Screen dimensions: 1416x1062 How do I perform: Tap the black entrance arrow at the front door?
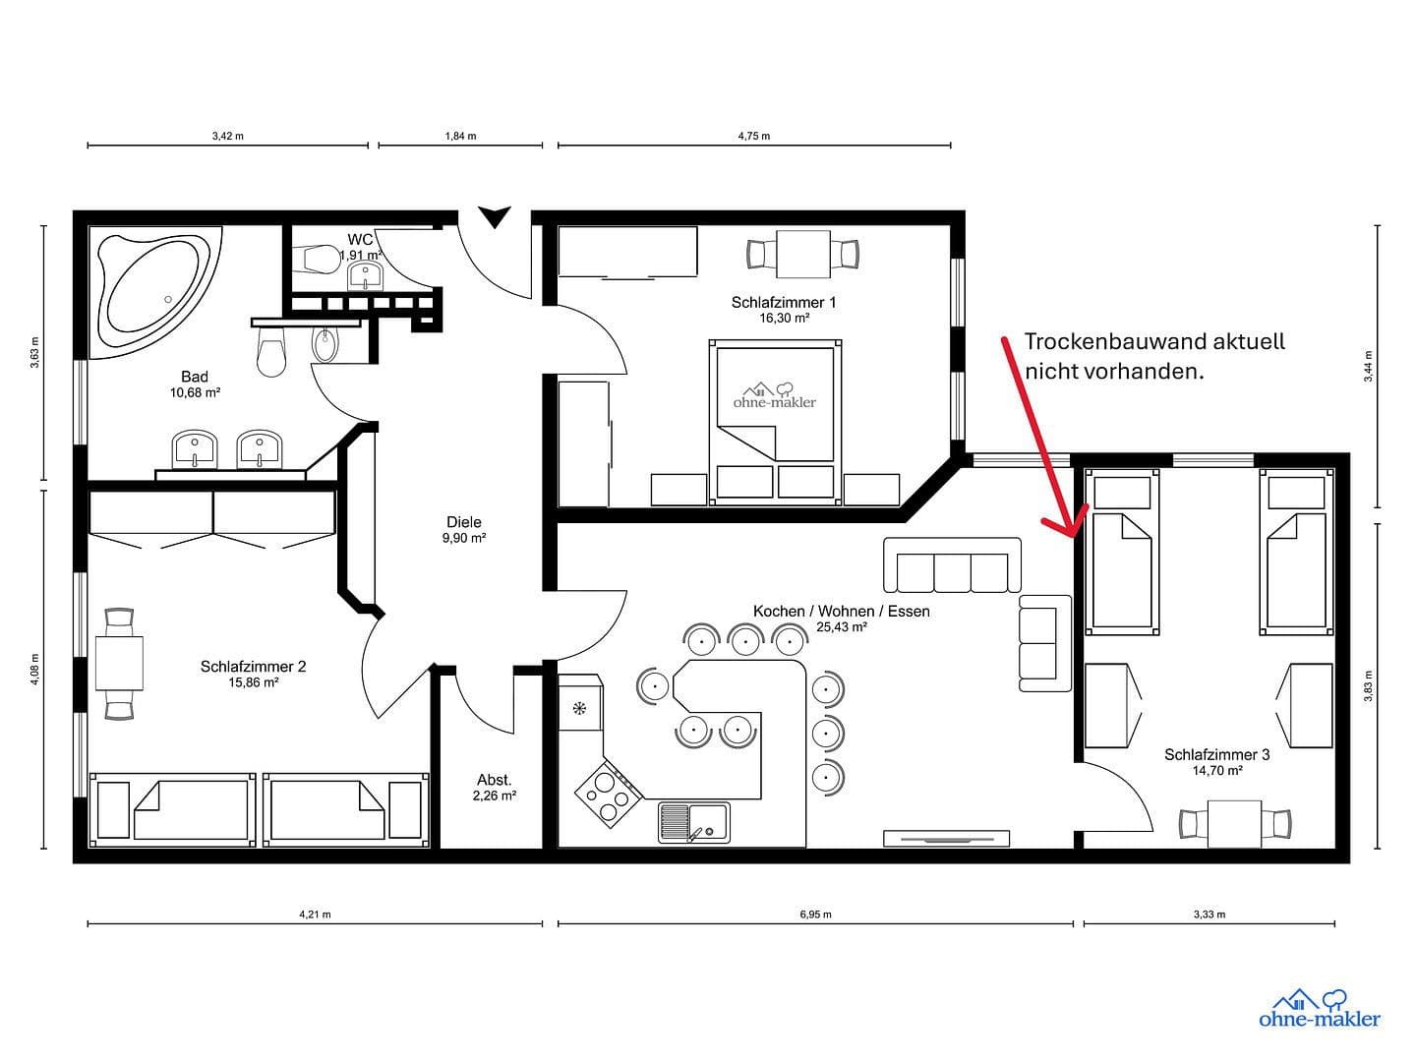(x=495, y=216)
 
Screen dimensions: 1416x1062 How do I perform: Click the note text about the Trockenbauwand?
(x=1153, y=356)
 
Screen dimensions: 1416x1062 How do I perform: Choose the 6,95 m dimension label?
(x=815, y=914)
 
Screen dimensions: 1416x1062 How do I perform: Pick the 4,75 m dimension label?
(x=753, y=137)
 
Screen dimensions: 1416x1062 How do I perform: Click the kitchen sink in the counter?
(x=694, y=822)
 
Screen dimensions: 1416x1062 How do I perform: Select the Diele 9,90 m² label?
(x=464, y=529)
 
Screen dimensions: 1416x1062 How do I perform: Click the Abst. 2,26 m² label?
(x=494, y=788)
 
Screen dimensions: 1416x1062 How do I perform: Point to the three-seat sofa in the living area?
(x=952, y=566)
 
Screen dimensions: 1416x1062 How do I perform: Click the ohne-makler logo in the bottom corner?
(x=1319, y=1010)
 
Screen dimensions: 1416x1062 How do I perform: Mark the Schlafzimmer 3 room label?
(x=1216, y=762)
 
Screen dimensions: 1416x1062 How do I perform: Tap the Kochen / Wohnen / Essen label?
(x=841, y=618)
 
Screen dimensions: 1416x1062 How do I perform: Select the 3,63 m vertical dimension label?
(x=35, y=352)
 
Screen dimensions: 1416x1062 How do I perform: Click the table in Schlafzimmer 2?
(x=119, y=664)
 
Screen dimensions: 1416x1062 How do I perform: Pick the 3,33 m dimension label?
(x=1209, y=914)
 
